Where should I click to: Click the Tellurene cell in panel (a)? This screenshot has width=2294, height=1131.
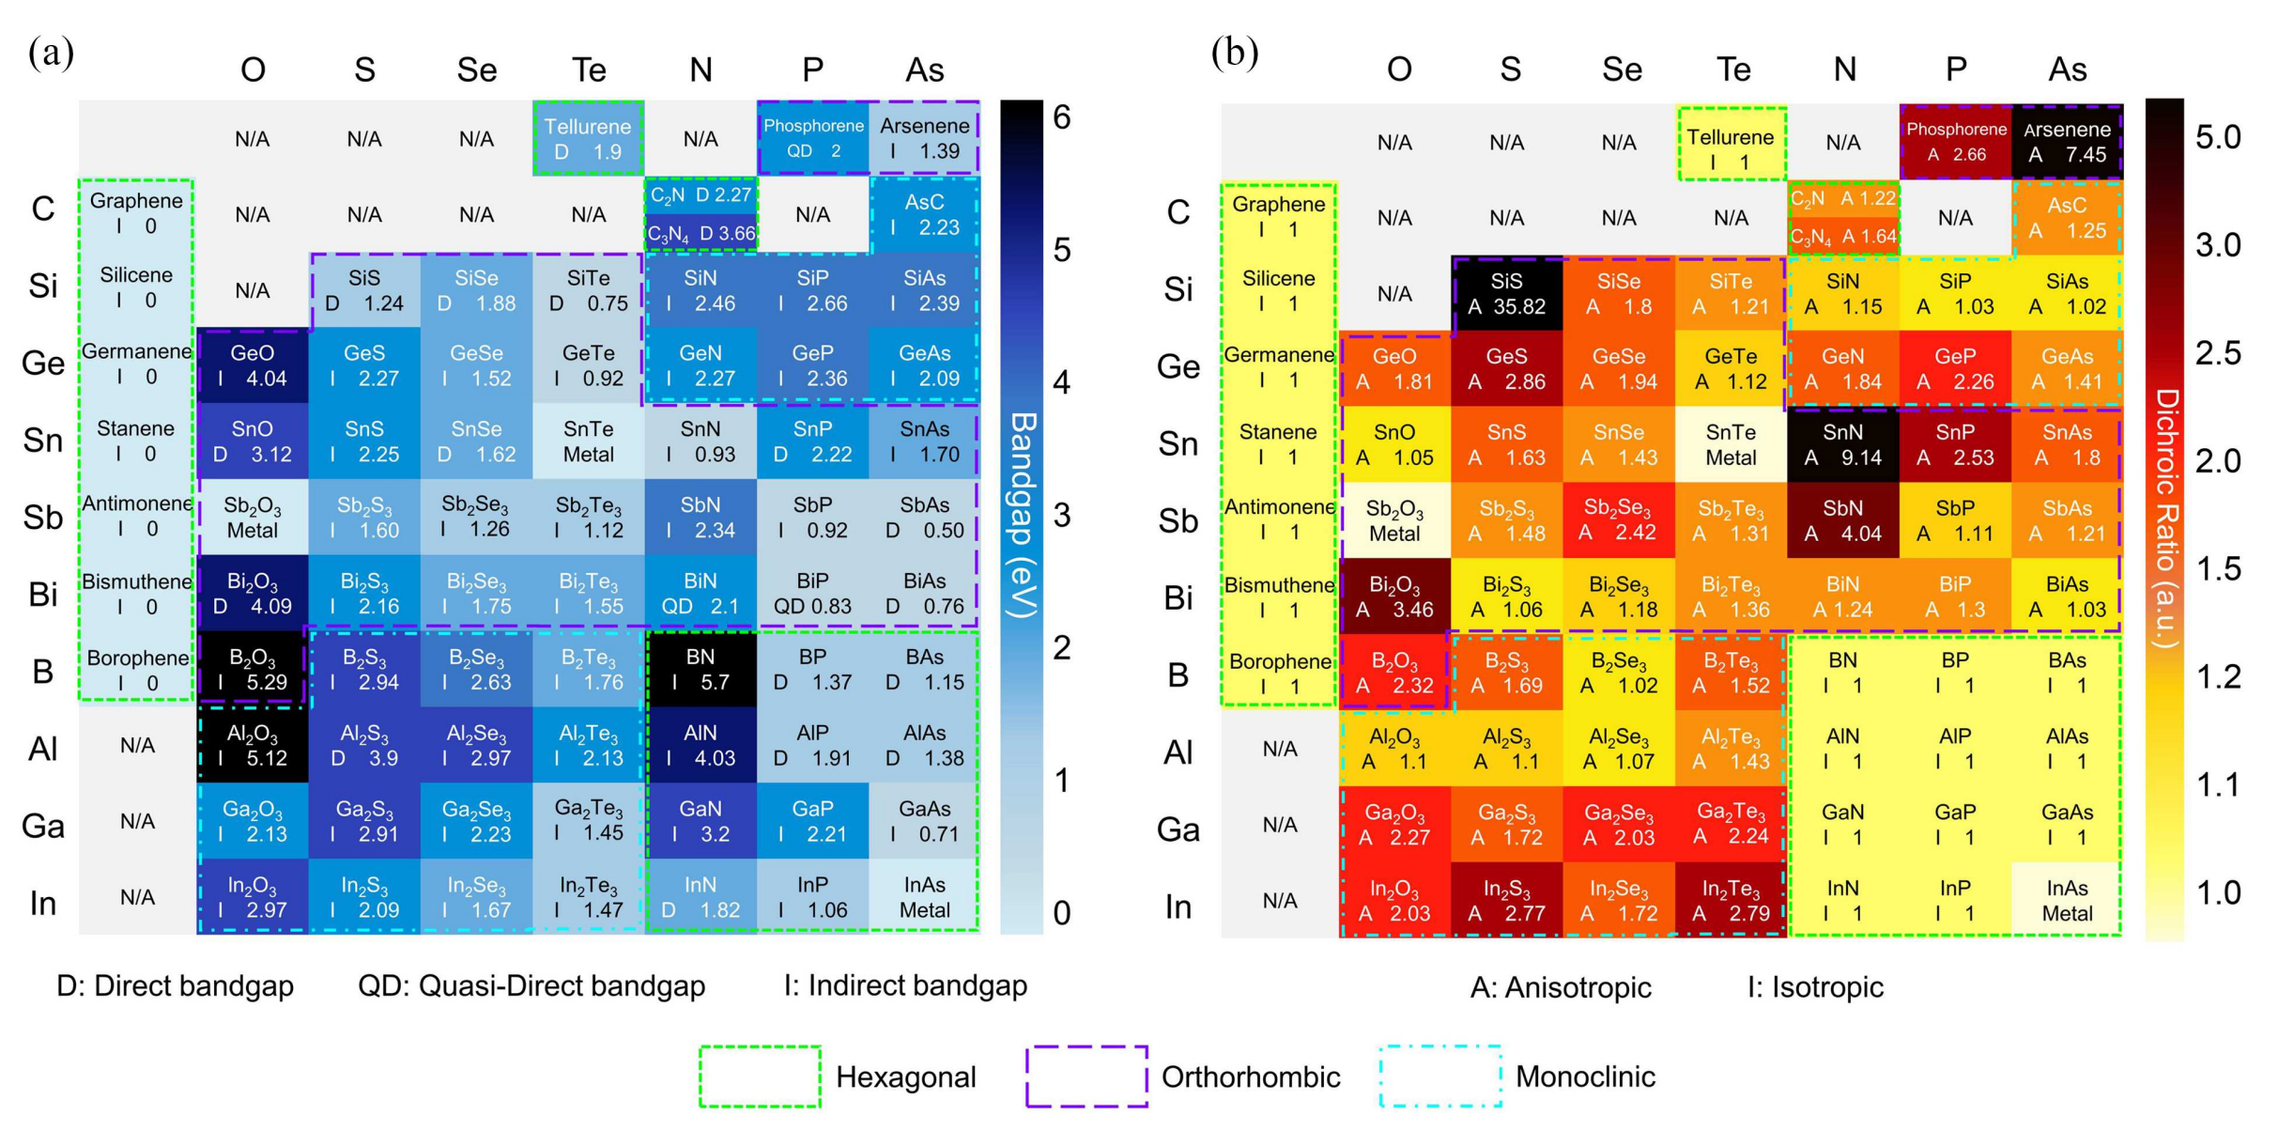coord(588,138)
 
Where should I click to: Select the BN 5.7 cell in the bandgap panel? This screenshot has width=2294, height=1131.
coord(701,669)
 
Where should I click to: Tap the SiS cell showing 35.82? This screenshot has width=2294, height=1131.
coord(1506,293)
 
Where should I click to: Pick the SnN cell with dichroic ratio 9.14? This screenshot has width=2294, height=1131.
coord(1842,444)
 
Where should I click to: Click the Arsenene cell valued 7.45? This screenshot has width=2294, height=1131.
coord(2067,142)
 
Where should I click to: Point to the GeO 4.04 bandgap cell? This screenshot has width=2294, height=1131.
coord(252,365)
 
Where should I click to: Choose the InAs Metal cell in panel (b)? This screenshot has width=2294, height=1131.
coord(2067,900)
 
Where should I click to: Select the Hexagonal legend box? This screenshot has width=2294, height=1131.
coord(760,1076)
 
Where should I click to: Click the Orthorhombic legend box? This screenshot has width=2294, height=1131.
coord(1086,1076)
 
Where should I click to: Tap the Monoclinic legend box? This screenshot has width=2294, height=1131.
coord(1440,1076)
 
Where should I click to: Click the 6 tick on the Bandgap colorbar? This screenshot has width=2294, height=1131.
coord(1062,117)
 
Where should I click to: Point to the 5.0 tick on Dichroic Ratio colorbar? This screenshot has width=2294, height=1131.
coord(2218,137)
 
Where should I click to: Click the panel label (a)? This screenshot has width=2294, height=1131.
coord(51,52)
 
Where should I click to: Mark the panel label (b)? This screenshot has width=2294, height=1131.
coord(1234,52)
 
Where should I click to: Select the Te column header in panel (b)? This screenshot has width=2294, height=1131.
coord(1733,70)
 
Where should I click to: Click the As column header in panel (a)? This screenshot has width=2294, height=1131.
coord(924,70)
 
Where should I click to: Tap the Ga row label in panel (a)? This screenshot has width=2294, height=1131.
coord(43,826)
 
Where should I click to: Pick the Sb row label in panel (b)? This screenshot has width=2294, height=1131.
coord(1178,520)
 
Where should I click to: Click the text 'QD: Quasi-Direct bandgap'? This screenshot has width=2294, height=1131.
coord(531,985)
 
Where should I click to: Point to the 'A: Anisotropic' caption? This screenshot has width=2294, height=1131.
coord(1561,987)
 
